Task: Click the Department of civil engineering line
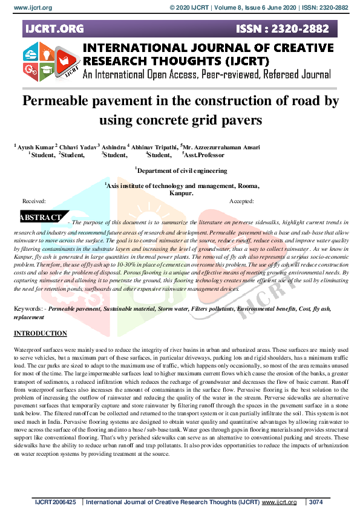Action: tap(181, 171)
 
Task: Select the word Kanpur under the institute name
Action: tap(180, 193)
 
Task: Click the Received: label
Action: tap(34, 201)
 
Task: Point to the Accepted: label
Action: tap(241, 201)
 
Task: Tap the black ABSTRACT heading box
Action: tap(41, 218)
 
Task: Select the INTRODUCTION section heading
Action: tap(41, 334)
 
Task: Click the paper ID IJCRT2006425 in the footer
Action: tap(56, 502)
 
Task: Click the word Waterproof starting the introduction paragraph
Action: tap(28, 351)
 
